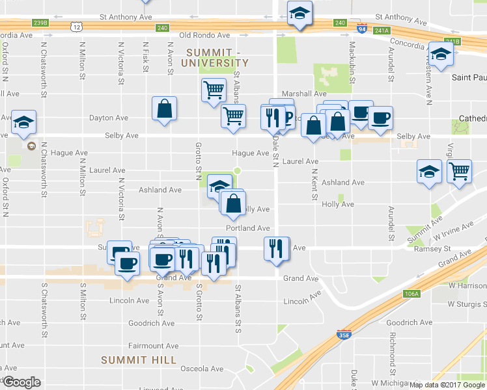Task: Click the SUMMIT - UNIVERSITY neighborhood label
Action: (217, 57)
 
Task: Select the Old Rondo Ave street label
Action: (205, 35)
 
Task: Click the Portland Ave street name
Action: (248, 228)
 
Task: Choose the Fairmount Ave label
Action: (154, 346)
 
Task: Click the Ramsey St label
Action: (433, 248)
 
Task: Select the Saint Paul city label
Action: (469, 77)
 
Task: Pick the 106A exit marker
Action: (411, 294)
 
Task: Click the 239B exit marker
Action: (40, 23)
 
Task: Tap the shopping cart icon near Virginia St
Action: (460, 172)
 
